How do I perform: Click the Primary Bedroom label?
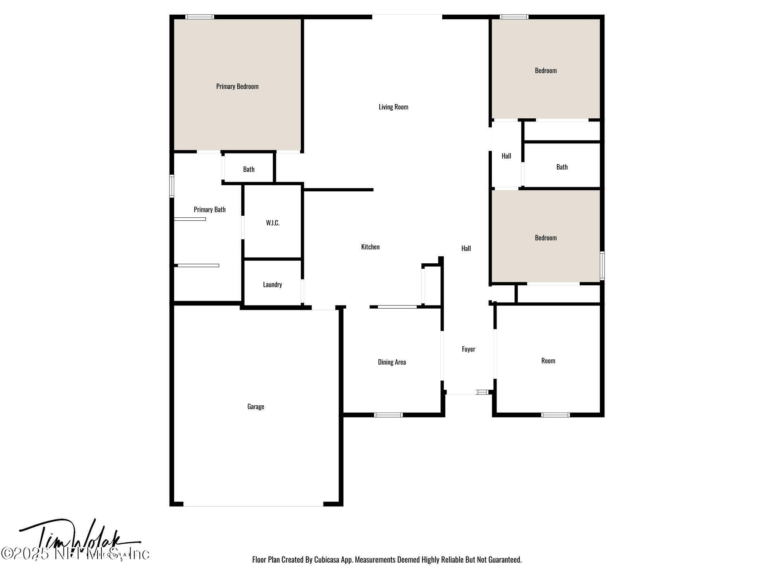[x=237, y=86]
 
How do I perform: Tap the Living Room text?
[x=393, y=107]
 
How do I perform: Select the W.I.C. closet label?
[x=272, y=223]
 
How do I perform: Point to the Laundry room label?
[x=272, y=285]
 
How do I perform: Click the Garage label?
[x=255, y=406]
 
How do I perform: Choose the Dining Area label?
[x=392, y=362]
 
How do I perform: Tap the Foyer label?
[x=468, y=349]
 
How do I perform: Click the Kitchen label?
[x=370, y=247]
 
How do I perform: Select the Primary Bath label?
[x=209, y=210]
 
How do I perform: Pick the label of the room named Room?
[x=548, y=361]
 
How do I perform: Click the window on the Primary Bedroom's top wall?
[x=200, y=17]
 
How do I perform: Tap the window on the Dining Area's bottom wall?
[x=389, y=415]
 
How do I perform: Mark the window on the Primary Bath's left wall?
[x=172, y=186]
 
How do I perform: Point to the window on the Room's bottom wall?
[x=555, y=415]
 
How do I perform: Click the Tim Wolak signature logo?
[x=77, y=539]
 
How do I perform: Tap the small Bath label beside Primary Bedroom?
[x=248, y=169]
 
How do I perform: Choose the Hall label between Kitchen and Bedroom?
[x=466, y=248]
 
